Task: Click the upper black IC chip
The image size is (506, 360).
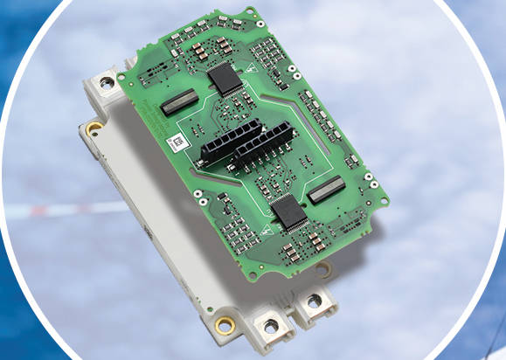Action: tap(226, 79)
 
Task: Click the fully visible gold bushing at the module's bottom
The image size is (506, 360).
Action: tap(225, 325)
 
